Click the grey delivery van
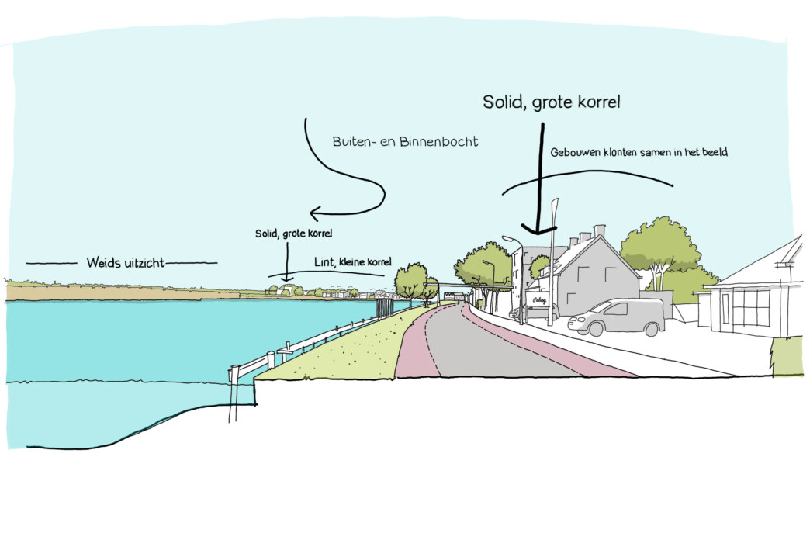(x=618, y=317)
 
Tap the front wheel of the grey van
(x=596, y=330)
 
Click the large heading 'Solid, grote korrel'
(x=552, y=102)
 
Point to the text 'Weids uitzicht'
(x=126, y=263)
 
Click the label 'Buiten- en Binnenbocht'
(x=405, y=142)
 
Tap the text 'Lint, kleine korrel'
(x=353, y=261)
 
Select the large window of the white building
(x=750, y=307)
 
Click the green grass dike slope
(x=341, y=349)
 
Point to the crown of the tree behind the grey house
(x=661, y=241)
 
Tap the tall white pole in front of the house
(x=552, y=256)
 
